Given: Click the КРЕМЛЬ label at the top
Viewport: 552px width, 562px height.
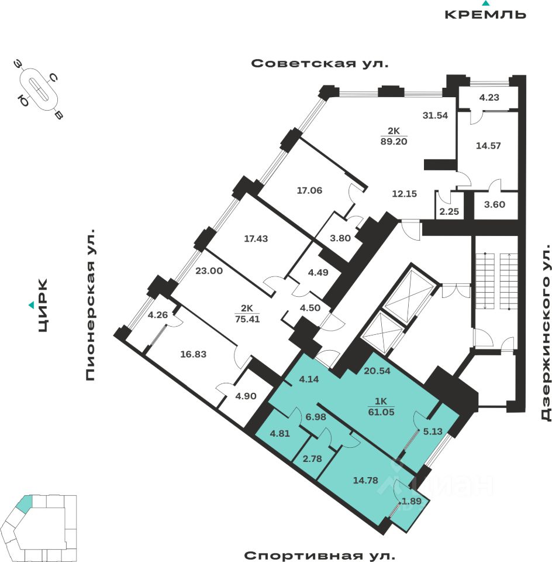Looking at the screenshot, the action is coord(485,15).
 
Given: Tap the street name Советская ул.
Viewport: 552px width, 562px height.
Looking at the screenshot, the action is coord(320,63).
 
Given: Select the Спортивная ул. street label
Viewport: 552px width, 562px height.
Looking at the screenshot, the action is coord(320,554).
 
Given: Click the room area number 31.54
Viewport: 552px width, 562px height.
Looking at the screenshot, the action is coord(435,115).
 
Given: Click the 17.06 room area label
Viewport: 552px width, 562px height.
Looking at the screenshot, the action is coord(309,190).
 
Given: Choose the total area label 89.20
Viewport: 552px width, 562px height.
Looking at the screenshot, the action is coord(393,141).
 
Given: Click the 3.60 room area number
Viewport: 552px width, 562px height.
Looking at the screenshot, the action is coord(495,205).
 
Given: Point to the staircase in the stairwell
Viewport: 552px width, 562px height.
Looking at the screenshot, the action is coord(497,281).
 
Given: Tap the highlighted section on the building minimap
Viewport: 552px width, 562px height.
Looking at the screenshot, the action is coord(25,502).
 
